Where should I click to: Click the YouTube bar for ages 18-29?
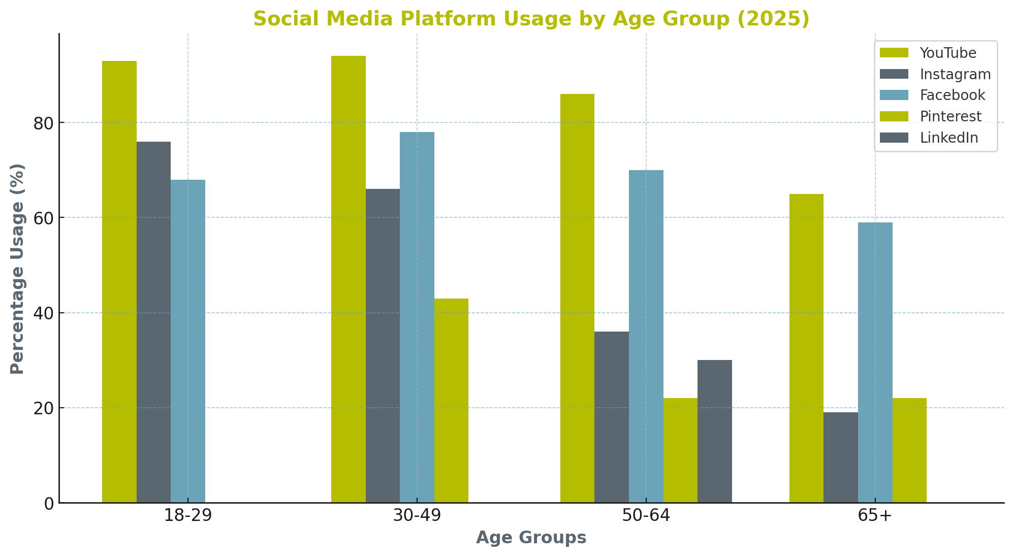[119, 282]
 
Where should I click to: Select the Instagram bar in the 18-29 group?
[153, 322]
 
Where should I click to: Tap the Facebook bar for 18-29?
[188, 341]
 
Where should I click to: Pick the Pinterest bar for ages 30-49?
[451, 401]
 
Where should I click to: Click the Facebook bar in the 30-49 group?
[417, 317]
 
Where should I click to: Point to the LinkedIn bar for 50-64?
[714, 431]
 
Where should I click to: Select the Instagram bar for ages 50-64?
[611, 417]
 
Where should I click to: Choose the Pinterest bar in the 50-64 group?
[680, 450]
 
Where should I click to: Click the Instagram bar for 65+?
[840, 457]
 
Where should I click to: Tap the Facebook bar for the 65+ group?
[875, 363]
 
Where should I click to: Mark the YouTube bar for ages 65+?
[806, 348]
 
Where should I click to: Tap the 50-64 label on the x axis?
[646, 516]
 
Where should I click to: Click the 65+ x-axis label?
[875, 516]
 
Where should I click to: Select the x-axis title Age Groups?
[531, 538]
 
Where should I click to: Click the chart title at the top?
[531, 19]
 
